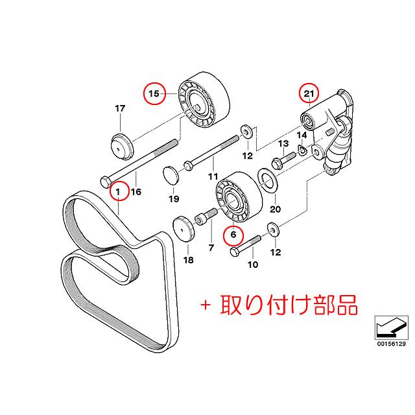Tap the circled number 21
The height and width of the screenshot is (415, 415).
click(309, 94)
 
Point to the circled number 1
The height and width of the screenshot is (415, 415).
click(119, 191)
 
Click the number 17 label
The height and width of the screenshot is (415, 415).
click(119, 108)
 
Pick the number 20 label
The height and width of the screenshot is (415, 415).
click(275, 209)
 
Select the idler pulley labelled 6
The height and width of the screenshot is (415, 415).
click(235, 196)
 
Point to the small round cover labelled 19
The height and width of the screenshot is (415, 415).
click(169, 175)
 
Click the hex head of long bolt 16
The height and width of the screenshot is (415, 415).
click(106, 181)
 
